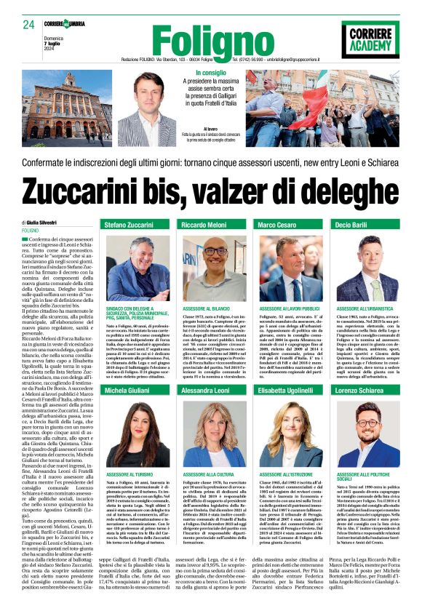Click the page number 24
[x=28, y=25]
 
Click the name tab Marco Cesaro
[x=278, y=225]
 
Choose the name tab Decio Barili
[x=351, y=225]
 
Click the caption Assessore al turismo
[x=124, y=474]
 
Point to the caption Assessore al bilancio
[x=203, y=309]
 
